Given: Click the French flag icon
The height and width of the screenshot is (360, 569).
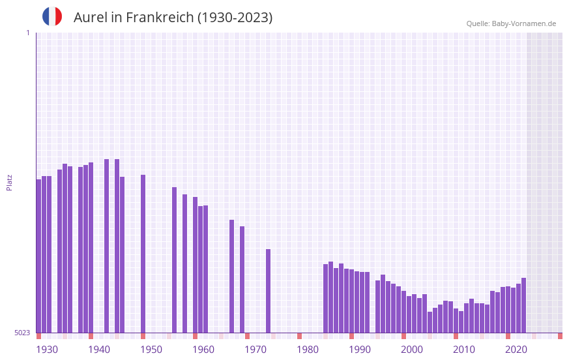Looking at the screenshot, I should [52, 16].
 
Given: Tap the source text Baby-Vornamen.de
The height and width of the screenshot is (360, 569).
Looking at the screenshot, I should [523, 23].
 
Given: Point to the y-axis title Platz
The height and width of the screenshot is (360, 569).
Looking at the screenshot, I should [9, 182].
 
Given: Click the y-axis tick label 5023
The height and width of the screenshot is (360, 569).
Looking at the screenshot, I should [22, 333].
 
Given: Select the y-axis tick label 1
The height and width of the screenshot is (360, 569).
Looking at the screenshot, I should [27, 33].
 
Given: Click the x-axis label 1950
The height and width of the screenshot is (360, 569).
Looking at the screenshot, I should [151, 350].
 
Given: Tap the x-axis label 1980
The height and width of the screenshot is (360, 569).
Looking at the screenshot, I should [308, 350].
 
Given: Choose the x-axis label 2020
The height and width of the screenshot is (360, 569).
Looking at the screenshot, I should [516, 350].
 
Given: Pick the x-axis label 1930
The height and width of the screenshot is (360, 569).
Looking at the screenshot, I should [47, 350].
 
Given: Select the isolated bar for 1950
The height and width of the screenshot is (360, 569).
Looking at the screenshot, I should [143, 254].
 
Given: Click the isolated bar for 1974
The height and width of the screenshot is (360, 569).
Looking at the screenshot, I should [268, 291].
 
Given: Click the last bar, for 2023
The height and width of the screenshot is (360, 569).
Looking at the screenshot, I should [523, 305].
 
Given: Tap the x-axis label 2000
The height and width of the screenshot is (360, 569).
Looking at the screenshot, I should [412, 350].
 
